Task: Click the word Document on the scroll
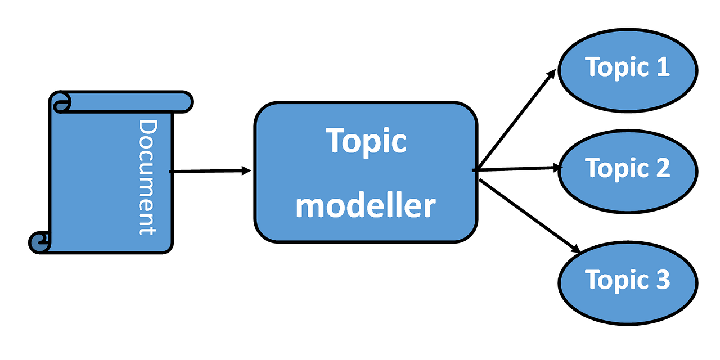click(146, 177)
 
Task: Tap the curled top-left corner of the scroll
click(61, 102)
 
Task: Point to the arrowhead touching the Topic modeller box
click(246, 170)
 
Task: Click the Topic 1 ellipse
click(627, 67)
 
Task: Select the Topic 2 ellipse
click(627, 168)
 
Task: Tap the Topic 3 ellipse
click(627, 280)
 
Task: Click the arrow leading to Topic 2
click(517, 168)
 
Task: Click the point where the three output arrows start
click(475, 169)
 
